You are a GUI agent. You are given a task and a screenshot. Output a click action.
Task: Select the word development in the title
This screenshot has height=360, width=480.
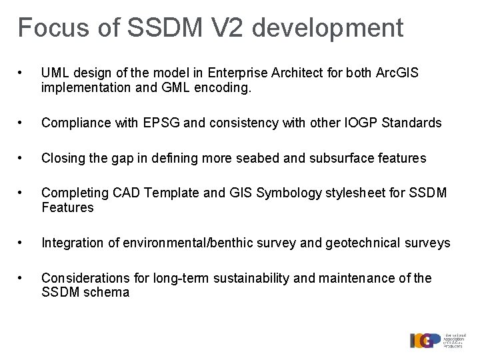[x=328, y=28]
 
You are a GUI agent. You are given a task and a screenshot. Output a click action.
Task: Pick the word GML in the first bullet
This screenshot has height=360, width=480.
[x=175, y=87]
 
